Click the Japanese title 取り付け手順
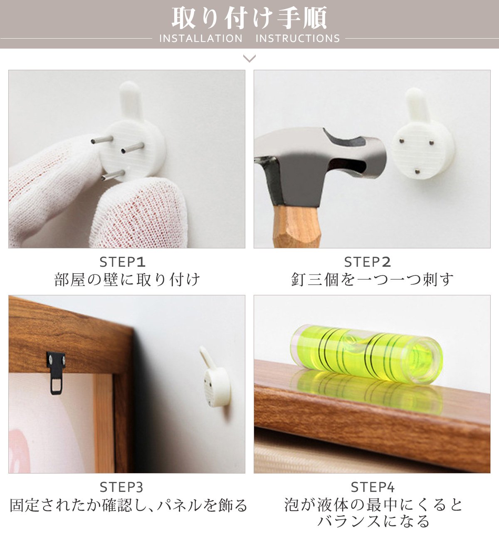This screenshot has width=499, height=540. point(249,18)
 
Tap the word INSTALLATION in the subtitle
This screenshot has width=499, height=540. point(201,39)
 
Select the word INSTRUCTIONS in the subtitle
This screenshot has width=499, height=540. point(298,39)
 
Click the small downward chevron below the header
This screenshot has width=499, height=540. point(249,58)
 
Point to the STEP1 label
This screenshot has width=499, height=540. point(123,262)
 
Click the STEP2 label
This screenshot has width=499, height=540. point(368,262)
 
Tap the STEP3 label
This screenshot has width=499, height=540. point(121,487)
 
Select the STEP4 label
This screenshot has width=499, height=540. point(373,487)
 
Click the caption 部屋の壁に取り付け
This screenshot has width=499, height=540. point(127,280)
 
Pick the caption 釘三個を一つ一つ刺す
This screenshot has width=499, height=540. point(372,280)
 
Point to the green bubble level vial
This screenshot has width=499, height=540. point(367,353)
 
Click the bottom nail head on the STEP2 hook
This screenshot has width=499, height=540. point(417,171)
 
